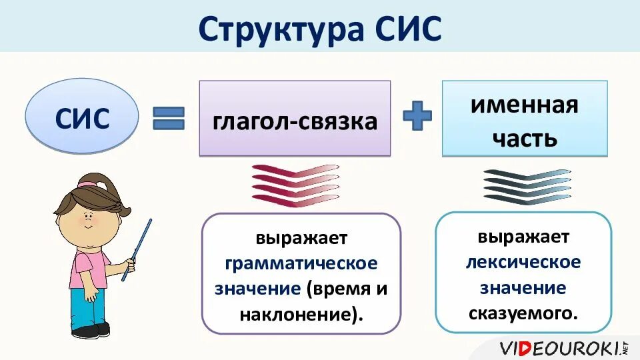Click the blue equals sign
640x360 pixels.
pyautogui.click(x=169, y=119)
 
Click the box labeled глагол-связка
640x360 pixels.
pyautogui.click(x=295, y=120)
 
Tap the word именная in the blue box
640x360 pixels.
pyautogui.click(x=525, y=105)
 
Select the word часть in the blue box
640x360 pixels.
pyautogui.click(x=525, y=138)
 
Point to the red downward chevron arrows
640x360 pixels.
pyautogui.click(x=295, y=185)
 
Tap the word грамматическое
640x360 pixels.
pyautogui.click(x=301, y=263)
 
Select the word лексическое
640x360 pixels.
pyautogui.click(x=523, y=261)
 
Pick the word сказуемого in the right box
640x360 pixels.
pyautogui.click(x=523, y=312)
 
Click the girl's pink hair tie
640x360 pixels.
pyautogui.click(x=87, y=182)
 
